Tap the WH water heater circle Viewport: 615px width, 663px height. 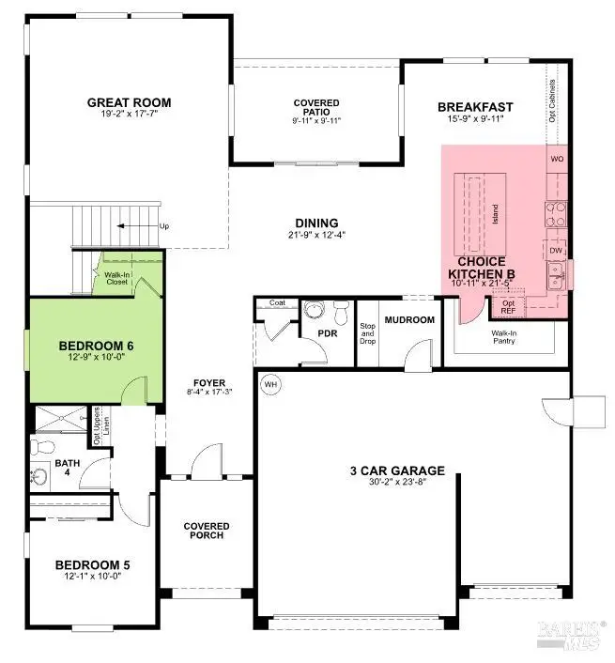[x=270, y=384]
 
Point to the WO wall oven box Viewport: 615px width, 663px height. [x=558, y=159]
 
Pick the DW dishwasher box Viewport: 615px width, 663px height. [x=557, y=251]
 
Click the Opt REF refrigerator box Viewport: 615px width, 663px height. [x=509, y=307]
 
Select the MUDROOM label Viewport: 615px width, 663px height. [x=411, y=320]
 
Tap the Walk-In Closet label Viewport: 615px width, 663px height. [x=116, y=279]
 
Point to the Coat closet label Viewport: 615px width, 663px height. [x=276, y=303]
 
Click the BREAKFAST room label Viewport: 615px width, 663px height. [x=476, y=107]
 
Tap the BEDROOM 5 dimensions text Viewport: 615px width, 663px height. [x=91, y=577]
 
